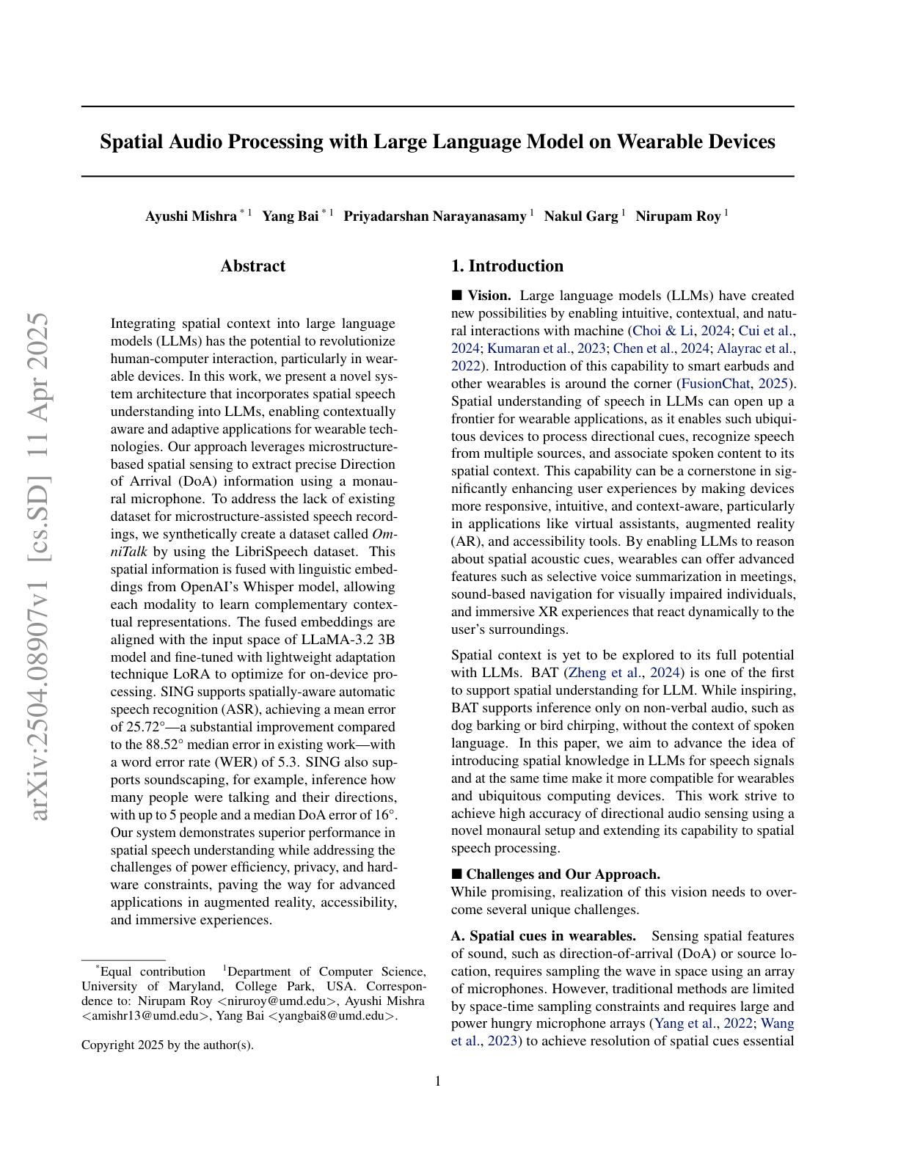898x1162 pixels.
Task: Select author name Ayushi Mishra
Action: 191,216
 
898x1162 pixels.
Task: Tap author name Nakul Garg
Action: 580,216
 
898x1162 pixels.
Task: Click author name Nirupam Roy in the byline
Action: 677,216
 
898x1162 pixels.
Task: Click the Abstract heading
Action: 252,266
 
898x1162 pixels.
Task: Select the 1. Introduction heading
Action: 507,266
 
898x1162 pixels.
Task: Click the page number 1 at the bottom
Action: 438,1081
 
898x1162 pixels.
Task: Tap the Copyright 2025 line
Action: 167,1045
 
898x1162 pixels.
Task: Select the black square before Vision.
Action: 457,296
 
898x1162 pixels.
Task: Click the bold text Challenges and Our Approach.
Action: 563,874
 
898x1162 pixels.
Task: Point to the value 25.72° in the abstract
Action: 136,727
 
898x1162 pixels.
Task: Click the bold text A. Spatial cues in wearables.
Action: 544,936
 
